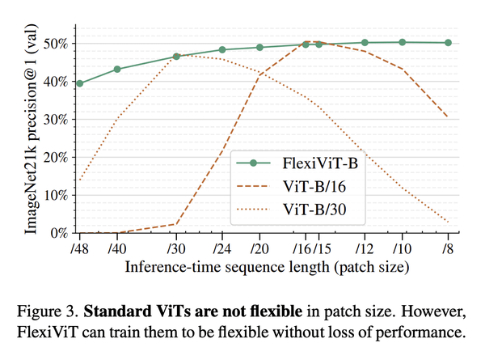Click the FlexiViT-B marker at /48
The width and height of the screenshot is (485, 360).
(79, 83)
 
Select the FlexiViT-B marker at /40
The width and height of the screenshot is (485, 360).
(118, 69)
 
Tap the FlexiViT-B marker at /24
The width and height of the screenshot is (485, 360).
(223, 49)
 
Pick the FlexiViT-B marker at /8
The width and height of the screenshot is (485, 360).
(447, 43)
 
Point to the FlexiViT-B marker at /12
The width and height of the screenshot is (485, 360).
(365, 42)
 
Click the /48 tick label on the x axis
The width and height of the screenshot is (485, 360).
(79, 248)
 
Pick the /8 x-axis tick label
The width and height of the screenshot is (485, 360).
(447, 248)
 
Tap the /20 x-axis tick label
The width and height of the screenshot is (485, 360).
(259, 248)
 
